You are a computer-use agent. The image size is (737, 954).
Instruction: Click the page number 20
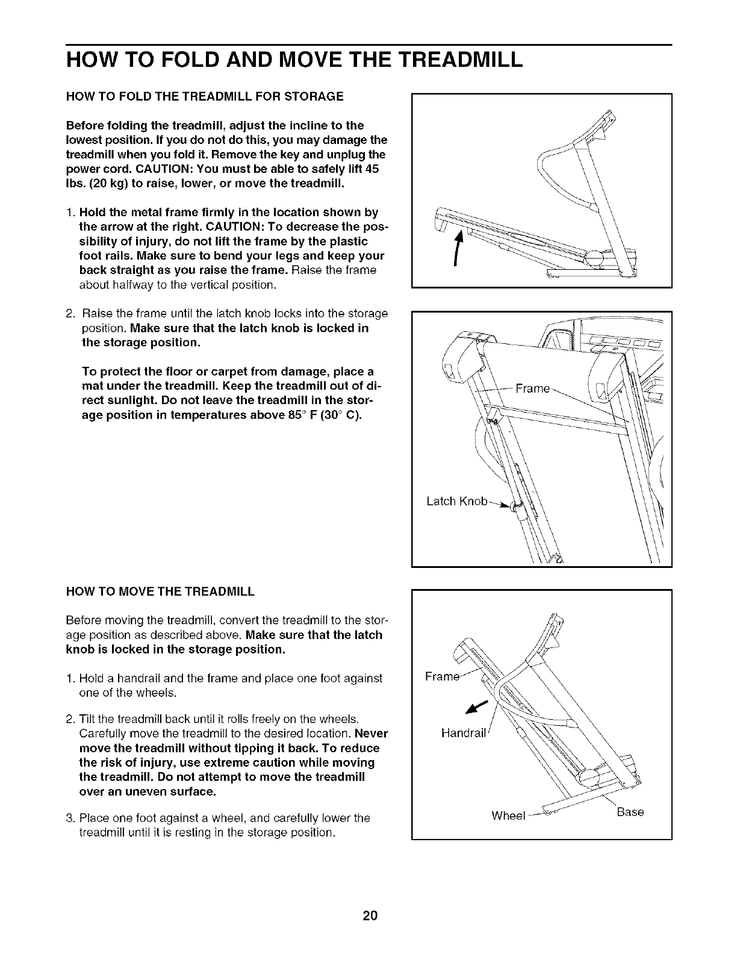[x=370, y=917]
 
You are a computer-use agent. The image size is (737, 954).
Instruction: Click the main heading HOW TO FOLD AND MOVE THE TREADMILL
[x=294, y=60]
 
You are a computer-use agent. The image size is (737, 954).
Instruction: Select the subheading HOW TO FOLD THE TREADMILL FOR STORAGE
[x=205, y=96]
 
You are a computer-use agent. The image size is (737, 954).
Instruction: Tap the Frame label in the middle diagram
[x=532, y=389]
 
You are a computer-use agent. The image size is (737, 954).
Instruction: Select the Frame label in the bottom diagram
[x=443, y=676]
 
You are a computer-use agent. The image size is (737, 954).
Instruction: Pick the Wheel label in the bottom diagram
[x=509, y=816]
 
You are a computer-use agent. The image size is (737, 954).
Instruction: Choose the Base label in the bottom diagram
[x=630, y=812]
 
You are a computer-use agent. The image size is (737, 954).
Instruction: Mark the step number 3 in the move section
[x=70, y=818]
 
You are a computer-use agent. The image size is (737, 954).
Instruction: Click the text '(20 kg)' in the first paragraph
[x=107, y=184]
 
